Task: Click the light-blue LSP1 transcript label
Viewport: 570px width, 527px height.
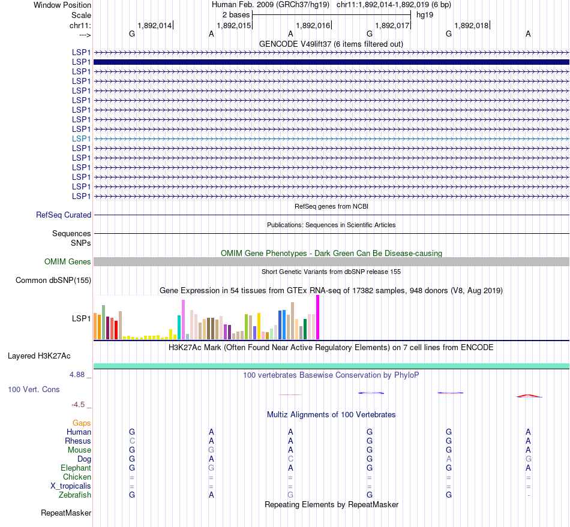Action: [x=81, y=138]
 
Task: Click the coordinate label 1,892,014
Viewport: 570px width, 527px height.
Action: [x=155, y=25]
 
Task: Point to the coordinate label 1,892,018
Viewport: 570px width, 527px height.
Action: [x=472, y=25]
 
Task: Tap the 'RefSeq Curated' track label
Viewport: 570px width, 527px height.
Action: [x=64, y=215]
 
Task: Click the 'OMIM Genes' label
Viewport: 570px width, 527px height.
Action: [x=68, y=262]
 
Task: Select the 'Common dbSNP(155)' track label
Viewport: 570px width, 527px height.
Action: [x=53, y=281]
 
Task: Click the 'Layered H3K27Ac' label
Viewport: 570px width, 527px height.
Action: [x=39, y=356]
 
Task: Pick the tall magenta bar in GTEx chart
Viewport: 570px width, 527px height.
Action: [x=318, y=317]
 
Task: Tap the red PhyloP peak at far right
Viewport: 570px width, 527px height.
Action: [x=529, y=396]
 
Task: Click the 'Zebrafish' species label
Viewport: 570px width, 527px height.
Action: [x=75, y=495]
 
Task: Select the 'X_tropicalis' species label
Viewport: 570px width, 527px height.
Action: [x=70, y=486]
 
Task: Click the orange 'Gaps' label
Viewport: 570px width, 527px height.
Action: [x=82, y=423]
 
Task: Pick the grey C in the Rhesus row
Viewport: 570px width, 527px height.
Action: [x=132, y=441]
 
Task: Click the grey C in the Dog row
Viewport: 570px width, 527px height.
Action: [x=290, y=459]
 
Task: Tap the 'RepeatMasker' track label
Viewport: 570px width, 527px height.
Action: [x=66, y=513]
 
